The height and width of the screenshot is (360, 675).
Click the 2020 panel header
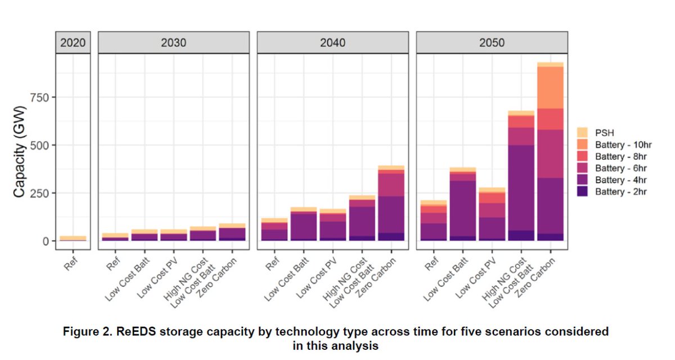point(74,43)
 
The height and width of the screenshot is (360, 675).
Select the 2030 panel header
point(173,43)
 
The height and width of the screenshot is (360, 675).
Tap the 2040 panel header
point(332,43)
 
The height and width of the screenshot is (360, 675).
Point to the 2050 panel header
point(492,43)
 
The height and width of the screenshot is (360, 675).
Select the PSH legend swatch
point(583,133)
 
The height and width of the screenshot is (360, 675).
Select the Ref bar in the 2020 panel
point(74,238)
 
